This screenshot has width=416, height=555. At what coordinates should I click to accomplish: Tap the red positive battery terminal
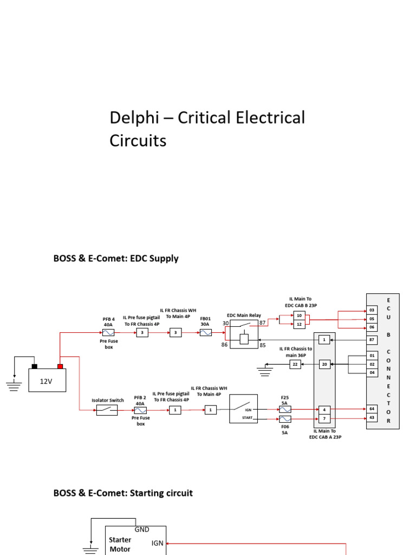coord(61,366)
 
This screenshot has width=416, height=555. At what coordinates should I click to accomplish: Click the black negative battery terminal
coord(34,366)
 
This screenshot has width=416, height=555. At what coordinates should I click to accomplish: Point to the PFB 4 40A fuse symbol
coord(108,332)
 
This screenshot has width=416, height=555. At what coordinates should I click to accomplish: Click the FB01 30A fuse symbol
coord(205,332)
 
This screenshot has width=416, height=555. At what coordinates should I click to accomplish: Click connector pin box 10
coord(298,315)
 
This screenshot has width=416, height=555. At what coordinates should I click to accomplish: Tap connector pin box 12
coord(298,324)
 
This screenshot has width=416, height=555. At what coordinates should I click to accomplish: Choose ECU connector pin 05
coord(372,319)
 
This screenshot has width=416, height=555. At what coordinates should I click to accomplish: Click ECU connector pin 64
coord(372,409)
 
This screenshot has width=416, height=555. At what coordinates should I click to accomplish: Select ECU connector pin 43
coord(372,417)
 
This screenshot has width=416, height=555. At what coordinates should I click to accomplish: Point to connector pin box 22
coord(295,364)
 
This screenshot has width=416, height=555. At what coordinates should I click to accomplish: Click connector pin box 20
coord(324,364)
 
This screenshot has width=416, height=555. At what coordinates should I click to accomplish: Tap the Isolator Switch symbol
coord(107,410)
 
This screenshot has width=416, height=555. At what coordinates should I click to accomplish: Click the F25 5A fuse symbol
coord(285,409)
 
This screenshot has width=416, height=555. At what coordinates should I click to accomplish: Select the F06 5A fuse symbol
coord(285,419)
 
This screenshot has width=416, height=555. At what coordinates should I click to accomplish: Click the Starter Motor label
coord(120,544)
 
